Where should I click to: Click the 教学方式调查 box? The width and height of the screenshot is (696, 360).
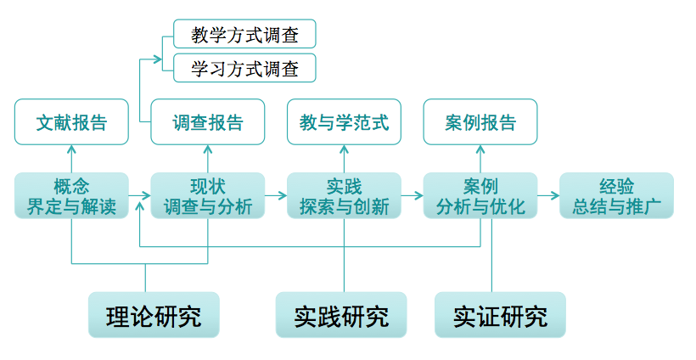click(x=244, y=34)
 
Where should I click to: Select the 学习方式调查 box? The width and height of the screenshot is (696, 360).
click(x=244, y=68)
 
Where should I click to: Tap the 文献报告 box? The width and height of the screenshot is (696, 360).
click(x=71, y=122)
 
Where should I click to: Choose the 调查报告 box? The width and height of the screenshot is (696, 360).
click(x=208, y=122)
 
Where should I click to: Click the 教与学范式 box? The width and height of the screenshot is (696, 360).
click(x=344, y=122)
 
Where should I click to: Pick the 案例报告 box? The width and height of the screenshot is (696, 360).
click(x=480, y=122)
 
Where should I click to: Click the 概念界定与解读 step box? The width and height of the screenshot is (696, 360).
click(x=71, y=196)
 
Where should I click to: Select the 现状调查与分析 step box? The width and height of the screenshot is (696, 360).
click(x=208, y=196)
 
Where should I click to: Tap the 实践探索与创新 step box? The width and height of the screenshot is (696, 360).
click(x=344, y=196)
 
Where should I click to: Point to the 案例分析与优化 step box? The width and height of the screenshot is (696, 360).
click(x=480, y=196)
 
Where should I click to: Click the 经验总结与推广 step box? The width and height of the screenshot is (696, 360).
click(x=616, y=196)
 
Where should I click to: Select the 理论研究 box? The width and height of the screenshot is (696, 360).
click(x=154, y=316)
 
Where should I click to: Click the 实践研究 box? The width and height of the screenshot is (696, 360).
click(x=341, y=316)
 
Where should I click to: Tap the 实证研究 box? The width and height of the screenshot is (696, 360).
click(x=500, y=316)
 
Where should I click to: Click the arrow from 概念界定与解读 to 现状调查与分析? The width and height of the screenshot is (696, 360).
click(x=139, y=196)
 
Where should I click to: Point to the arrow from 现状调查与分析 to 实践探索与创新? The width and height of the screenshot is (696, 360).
click(x=276, y=196)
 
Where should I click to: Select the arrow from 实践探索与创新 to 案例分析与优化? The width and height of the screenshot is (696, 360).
click(x=412, y=196)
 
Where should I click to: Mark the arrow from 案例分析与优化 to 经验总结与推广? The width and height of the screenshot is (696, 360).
click(x=548, y=196)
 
